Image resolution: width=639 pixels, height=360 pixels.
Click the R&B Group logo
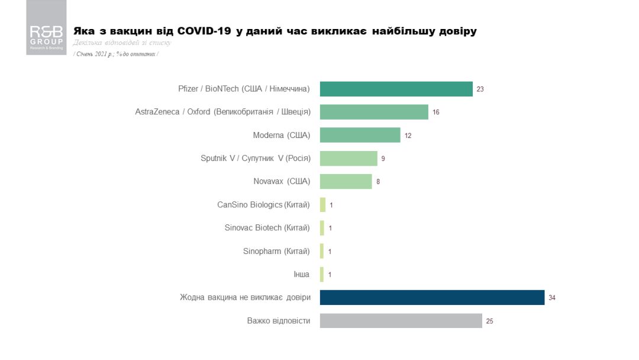(x=46, y=36)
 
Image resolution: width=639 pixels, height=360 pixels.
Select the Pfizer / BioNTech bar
(x=396, y=89)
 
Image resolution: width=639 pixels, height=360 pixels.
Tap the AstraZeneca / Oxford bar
(x=374, y=112)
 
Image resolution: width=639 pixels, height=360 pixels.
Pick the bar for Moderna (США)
(x=360, y=135)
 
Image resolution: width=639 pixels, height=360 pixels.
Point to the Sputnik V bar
(x=348, y=158)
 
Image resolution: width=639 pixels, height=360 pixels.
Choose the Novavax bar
(x=346, y=181)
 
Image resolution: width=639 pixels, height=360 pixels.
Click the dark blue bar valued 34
(x=432, y=297)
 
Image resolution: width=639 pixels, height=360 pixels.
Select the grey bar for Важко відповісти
(x=401, y=320)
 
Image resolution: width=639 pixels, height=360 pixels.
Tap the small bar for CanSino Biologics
(x=322, y=205)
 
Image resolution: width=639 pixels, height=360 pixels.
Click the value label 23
(x=480, y=89)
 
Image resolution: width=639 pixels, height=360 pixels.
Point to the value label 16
(x=436, y=112)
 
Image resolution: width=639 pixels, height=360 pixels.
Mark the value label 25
(x=490, y=321)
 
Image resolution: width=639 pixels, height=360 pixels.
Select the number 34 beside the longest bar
(x=552, y=298)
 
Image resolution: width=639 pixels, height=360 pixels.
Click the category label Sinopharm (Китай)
(x=276, y=251)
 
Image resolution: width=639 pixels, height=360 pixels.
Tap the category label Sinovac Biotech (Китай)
(x=267, y=228)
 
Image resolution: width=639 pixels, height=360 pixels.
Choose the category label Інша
(x=301, y=274)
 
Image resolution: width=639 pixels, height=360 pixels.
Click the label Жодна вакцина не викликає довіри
(x=245, y=297)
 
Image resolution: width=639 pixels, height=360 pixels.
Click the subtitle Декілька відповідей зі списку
(x=122, y=43)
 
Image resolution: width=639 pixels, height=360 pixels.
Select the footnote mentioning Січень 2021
(x=116, y=54)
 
